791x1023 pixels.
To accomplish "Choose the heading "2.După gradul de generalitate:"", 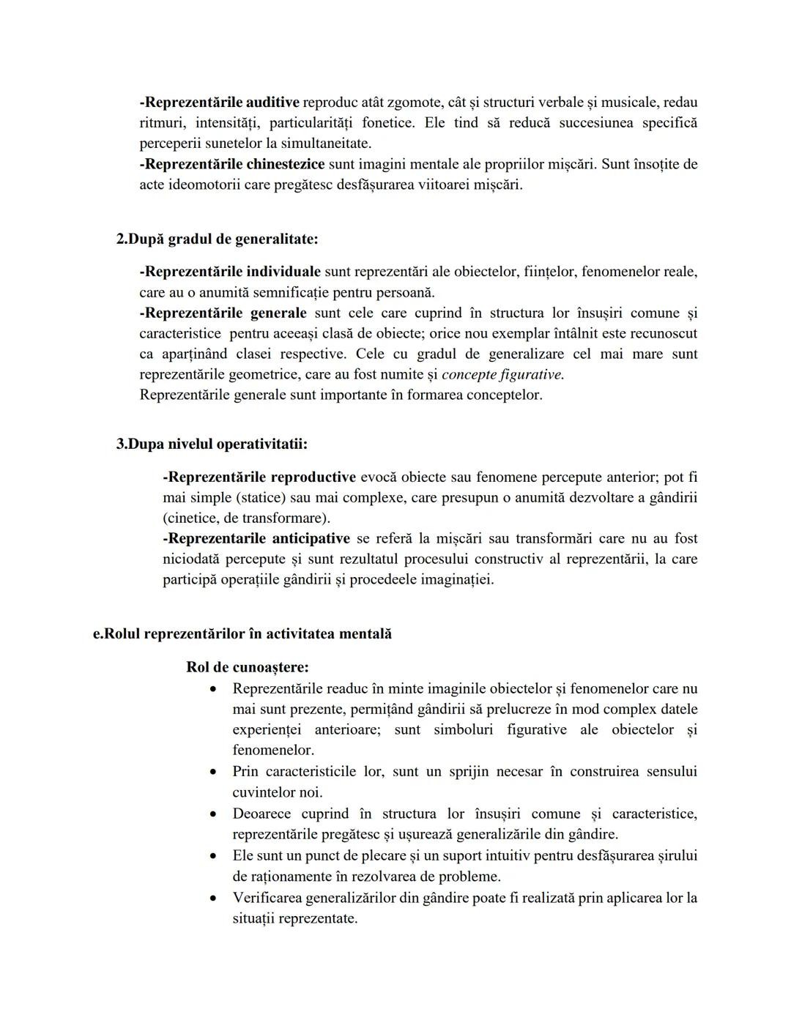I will pyautogui.click(x=218, y=239).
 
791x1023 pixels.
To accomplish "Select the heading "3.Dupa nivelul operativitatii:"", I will pyautogui.click(x=212, y=444).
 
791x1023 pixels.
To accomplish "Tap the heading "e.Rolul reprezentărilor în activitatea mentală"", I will pyautogui.click(x=242, y=634).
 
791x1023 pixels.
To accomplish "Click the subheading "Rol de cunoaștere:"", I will pyautogui.click(x=248, y=667).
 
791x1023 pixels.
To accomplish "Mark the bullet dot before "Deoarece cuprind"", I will pyautogui.click(x=213, y=814).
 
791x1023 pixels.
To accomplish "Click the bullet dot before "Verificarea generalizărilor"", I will pyautogui.click(x=213, y=898).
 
